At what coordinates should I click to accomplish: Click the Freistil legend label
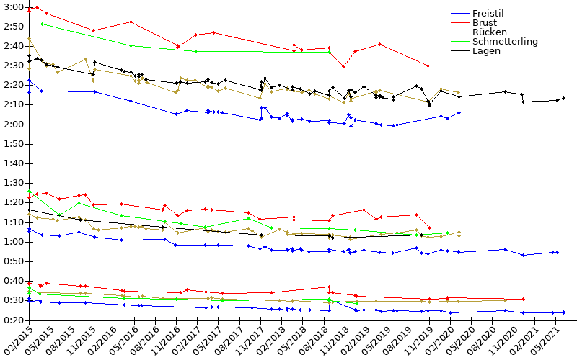(489, 14)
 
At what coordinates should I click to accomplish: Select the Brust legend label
(484, 23)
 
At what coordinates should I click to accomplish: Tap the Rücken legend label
(489, 32)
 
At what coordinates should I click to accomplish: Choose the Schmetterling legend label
(505, 42)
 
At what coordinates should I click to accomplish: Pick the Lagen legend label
(486, 51)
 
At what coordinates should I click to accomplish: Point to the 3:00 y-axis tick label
(12, 7)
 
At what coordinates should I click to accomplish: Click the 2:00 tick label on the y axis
(12, 125)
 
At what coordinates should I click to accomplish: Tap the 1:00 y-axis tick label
(12, 242)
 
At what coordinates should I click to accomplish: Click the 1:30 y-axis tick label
(12, 184)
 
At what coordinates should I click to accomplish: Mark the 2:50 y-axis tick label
(12, 27)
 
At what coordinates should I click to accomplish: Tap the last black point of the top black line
(563, 98)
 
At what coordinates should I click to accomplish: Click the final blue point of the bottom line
(563, 312)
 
